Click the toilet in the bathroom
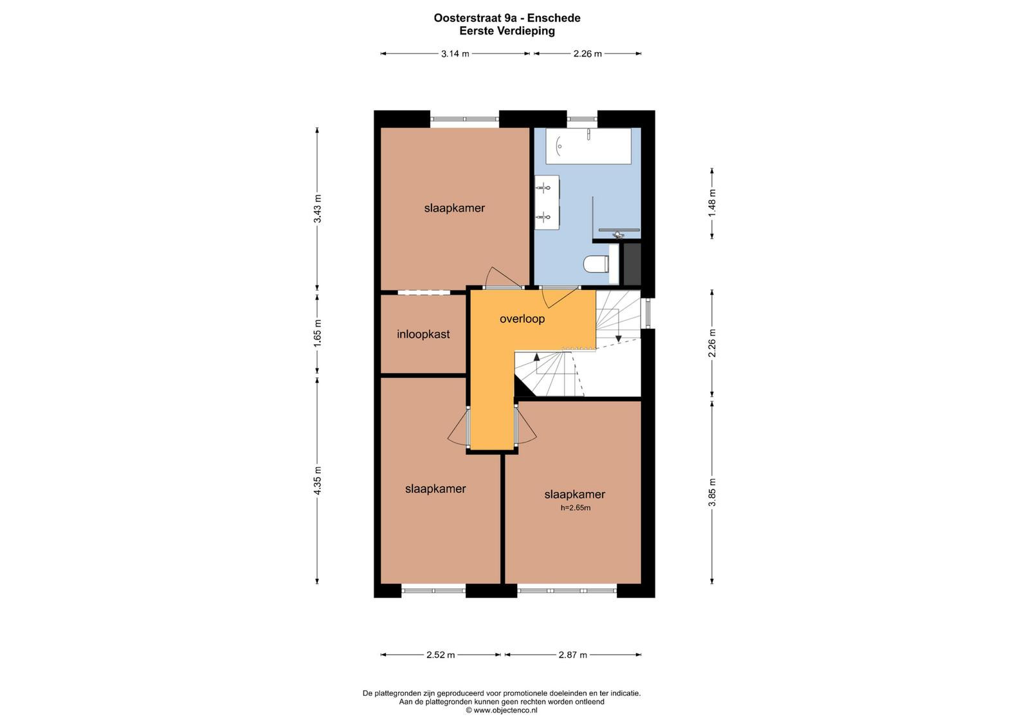(x=596, y=264)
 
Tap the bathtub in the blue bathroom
(x=588, y=145)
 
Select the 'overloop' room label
(x=522, y=318)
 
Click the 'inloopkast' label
(x=423, y=334)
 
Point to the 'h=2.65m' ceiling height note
(x=576, y=507)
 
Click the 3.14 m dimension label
(x=455, y=54)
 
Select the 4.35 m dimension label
(x=317, y=480)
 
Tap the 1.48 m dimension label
(x=711, y=203)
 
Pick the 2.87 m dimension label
(x=573, y=655)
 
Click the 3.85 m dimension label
(x=711, y=493)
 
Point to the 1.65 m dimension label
(x=317, y=333)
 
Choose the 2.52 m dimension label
(x=441, y=655)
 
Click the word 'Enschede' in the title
(x=554, y=18)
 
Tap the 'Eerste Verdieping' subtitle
(x=507, y=31)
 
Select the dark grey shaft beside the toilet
(x=632, y=264)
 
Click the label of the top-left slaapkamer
(x=454, y=208)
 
